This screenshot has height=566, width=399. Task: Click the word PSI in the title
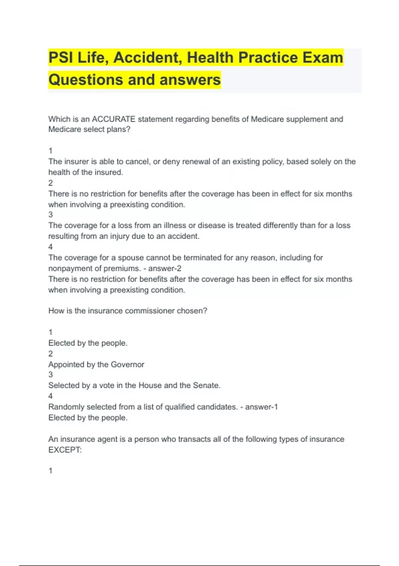[x=61, y=58]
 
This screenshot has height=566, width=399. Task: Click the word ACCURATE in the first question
[x=113, y=119]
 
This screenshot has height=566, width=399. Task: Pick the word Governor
[x=127, y=365]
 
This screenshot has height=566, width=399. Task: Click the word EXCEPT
[x=64, y=450]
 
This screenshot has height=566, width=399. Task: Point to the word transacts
[x=194, y=439]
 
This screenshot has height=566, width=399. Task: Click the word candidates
[x=217, y=407]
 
